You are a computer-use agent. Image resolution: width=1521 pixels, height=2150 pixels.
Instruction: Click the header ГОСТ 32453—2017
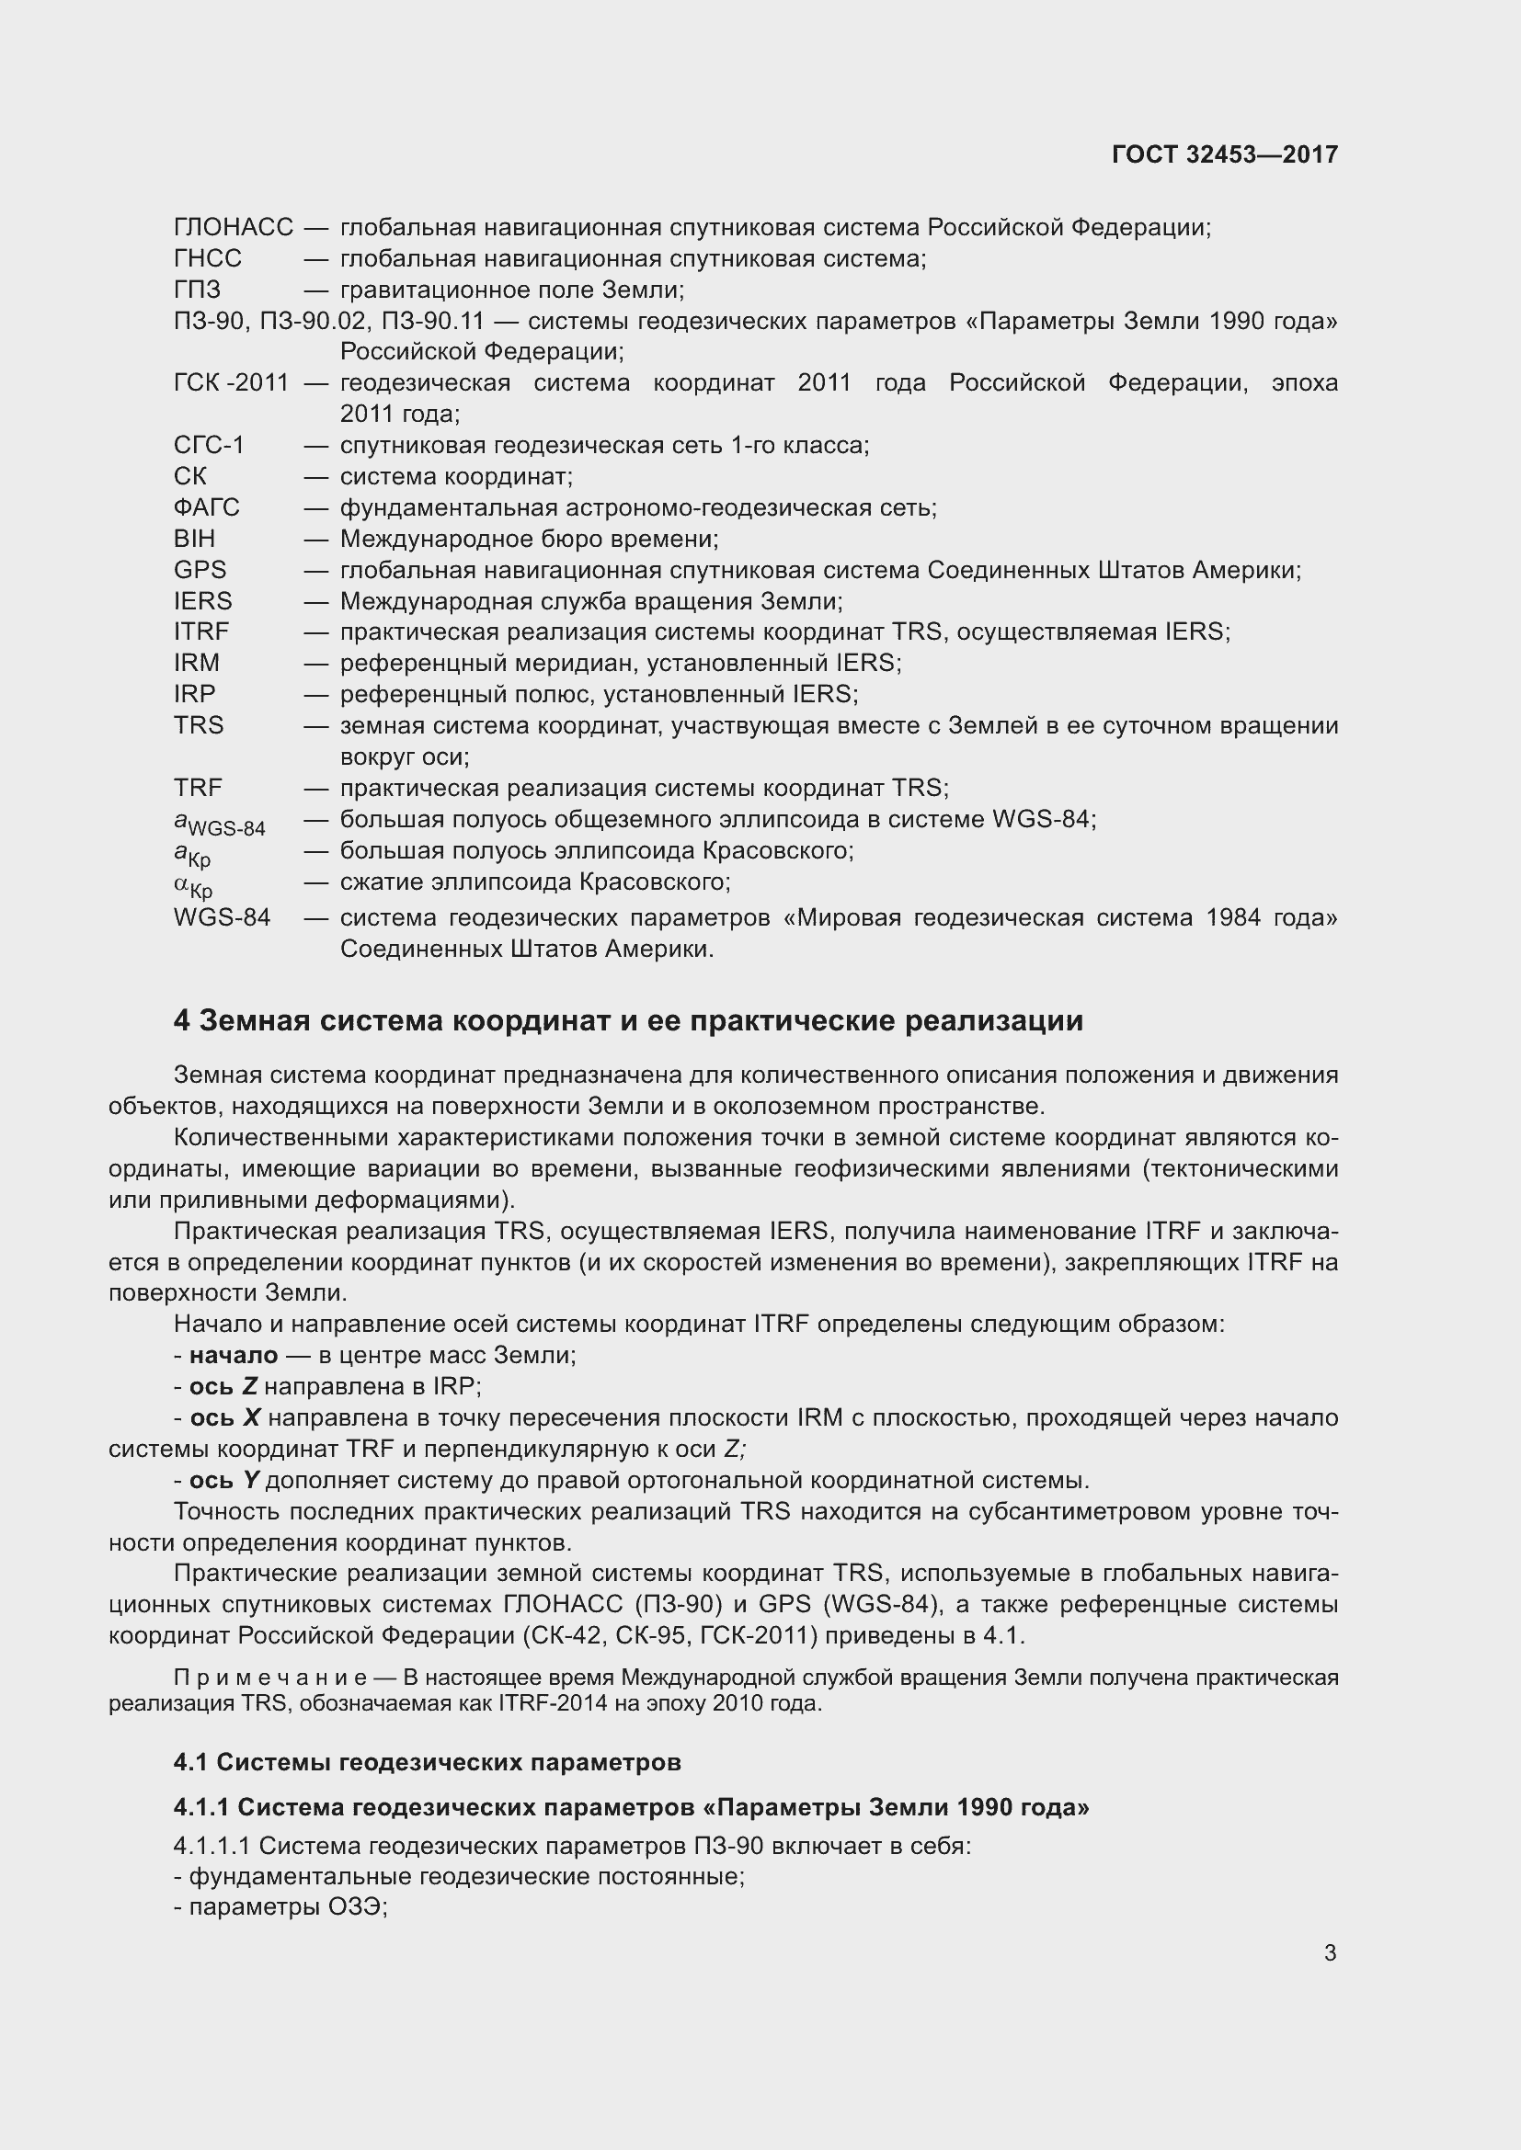pyautogui.click(x=1224, y=154)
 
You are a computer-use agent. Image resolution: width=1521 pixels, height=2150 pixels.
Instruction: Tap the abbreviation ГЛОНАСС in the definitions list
pyautogui.click(x=234, y=228)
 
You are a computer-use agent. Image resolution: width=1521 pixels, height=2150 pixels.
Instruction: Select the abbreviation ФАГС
pyautogui.click(x=207, y=507)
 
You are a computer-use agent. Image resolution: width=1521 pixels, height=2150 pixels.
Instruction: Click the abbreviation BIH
pyautogui.click(x=194, y=539)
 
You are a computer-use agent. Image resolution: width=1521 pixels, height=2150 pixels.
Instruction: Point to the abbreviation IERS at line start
pyautogui.click(x=202, y=601)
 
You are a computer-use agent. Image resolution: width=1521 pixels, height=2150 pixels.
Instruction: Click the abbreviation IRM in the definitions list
pyautogui.click(x=197, y=663)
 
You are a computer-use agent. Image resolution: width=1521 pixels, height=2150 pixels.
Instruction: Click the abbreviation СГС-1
pyautogui.click(x=209, y=446)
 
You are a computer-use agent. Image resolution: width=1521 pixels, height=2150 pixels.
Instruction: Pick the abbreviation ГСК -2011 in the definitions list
pyautogui.click(x=232, y=383)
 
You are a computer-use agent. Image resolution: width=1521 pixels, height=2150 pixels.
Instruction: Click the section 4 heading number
pyautogui.click(x=182, y=1020)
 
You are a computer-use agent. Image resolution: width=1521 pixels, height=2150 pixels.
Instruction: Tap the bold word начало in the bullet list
pyautogui.click(x=234, y=1355)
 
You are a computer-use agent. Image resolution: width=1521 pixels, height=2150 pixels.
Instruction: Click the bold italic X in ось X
pyautogui.click(x=251, y=1417)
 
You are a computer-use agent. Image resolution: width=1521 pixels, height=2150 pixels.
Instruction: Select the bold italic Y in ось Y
pyautogui.click(x=251, y=1481)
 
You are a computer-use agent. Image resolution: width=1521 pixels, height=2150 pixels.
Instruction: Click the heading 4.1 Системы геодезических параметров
pyautogui.click(x=426, y=1762)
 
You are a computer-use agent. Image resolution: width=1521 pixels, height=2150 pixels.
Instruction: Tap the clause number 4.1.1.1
pyautogui.click(x=212, y=1846)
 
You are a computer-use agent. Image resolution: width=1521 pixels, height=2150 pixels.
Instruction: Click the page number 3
pyautogui.click(x=1330, y=1953)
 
